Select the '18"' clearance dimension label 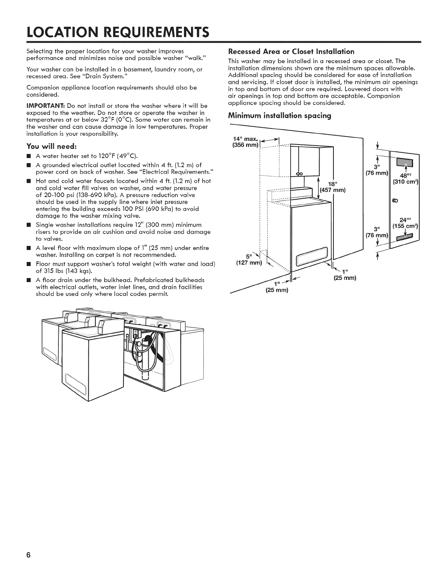[332, 184]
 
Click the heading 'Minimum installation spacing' [279, 116]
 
